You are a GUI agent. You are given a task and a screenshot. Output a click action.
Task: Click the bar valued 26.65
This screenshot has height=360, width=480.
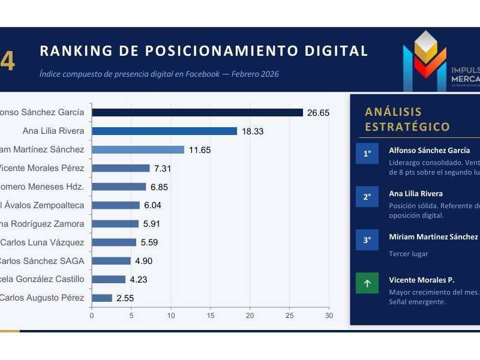coord(197,112)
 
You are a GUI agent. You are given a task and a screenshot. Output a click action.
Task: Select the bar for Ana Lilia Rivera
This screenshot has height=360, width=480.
coord(164,131)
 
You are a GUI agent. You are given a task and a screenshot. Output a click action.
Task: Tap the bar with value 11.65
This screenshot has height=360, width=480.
coord(138,149)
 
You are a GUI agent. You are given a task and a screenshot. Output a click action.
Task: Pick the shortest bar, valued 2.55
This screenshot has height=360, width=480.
coord(102,298)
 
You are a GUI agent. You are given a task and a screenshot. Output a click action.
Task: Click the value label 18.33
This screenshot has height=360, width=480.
coord(253,131)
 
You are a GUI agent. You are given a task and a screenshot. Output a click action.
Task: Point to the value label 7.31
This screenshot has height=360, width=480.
coord(163,168)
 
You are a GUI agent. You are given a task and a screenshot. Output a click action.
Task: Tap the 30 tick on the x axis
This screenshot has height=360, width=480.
coord(328,314)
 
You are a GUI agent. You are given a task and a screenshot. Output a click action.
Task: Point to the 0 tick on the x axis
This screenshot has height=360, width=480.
coord(92,314)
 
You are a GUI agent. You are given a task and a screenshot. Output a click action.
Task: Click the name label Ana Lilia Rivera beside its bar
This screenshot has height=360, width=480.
coord(53,131)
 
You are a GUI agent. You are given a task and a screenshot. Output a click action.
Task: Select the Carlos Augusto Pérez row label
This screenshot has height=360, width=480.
coord(41,298)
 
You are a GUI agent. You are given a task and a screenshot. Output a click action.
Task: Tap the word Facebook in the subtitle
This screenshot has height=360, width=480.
coord(193,74)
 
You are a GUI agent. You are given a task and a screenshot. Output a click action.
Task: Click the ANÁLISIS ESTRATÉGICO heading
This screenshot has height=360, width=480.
coord(407,119)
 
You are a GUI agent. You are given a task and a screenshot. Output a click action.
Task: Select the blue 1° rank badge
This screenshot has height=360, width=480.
coord(367,154)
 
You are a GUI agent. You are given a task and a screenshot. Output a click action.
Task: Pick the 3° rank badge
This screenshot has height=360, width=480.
coord(367,239)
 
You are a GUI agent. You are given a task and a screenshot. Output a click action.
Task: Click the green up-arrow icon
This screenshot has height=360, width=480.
coord(367,283)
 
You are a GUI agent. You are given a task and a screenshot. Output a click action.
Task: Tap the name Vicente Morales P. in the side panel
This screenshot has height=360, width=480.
coord(421,280)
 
